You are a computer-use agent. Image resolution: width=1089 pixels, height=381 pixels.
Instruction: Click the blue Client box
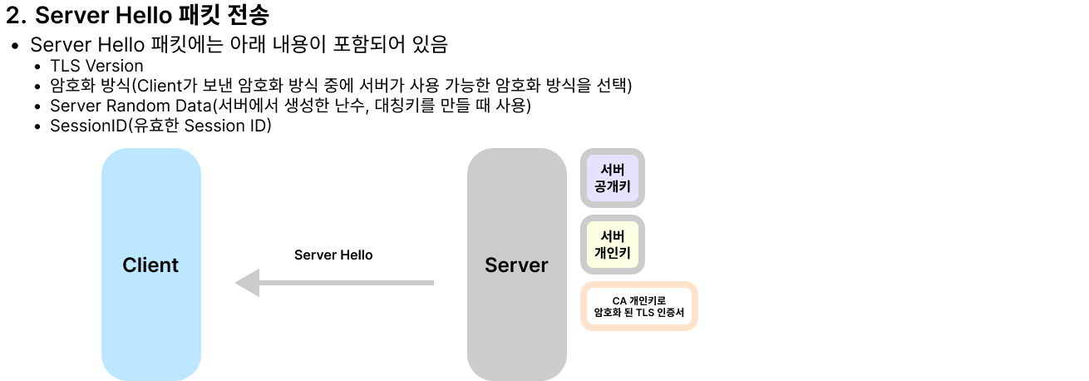tap(151, 265)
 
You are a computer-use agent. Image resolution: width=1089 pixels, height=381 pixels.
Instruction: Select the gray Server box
tap(517, 265)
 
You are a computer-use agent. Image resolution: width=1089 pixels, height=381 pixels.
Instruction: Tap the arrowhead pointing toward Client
tap(248, 283)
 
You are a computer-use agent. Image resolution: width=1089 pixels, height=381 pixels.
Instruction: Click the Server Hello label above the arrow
tap(333, 255)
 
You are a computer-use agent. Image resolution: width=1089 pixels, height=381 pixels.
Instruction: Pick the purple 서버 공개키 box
tap(613, 178)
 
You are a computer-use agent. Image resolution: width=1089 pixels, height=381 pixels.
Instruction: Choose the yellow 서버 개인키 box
tap(613, 245)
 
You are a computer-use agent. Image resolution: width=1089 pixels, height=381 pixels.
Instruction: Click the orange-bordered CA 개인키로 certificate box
tap(639, 307)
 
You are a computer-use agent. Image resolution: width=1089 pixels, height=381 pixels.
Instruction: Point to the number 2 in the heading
tap(13, 16)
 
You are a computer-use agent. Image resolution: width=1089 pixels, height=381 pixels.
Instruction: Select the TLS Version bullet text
tap(96, 66)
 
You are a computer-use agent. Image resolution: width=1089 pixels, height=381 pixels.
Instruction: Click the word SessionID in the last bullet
tap(88, 126)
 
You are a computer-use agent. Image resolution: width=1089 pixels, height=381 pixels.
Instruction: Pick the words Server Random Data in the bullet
tap(131, 106)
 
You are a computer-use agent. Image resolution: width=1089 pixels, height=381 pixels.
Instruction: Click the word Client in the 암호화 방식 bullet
tap(159, 86)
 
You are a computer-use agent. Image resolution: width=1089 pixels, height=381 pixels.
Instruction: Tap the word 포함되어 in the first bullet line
tap(369, 45)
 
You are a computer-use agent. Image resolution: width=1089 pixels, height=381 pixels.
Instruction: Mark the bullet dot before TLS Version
tap(38, 67)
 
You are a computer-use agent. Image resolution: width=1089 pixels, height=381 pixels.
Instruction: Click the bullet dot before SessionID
tap(38, 126)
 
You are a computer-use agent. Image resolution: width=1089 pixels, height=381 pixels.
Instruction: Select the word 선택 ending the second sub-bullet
tap(612, 86)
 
